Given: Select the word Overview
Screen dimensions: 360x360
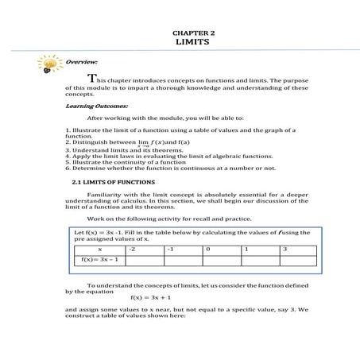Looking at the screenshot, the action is [82, 62].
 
